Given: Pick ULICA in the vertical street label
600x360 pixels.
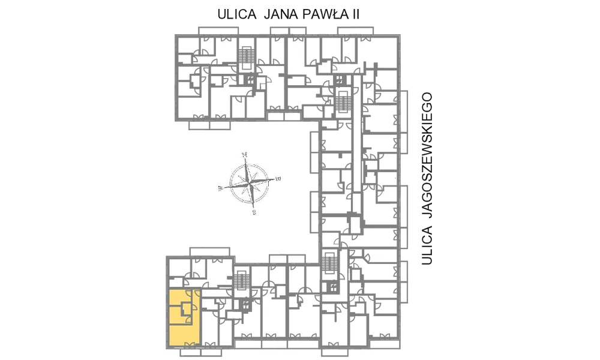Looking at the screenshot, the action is pyautogui.click(x=427, y=245).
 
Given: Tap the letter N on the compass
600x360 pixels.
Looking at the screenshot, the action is pyautogui.click(x=245, y=155).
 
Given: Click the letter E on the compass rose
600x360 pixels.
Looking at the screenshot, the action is pyautogui.click(x=278, y=178).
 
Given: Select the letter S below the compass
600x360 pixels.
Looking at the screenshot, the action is pyautogui.click(x=254, y=213).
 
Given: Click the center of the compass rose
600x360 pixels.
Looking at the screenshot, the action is pyautogui.click(x=250, y=183).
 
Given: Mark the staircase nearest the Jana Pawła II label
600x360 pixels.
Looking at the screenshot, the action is pyautogui.click(x=245, y=59).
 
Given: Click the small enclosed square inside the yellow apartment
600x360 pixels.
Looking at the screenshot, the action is pyautogui.click(x=187, y=307).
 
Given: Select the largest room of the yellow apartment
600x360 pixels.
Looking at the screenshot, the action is pyautogui.click(x=184, y=335).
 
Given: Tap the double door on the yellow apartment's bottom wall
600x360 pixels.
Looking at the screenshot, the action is pyautogui.click(x=189, y=345).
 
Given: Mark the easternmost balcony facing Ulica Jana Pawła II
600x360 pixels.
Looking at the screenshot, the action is pyautogui.click(x=355, y=31).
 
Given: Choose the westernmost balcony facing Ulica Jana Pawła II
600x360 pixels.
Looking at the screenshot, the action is pyautogui.click(x=218, y=31).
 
